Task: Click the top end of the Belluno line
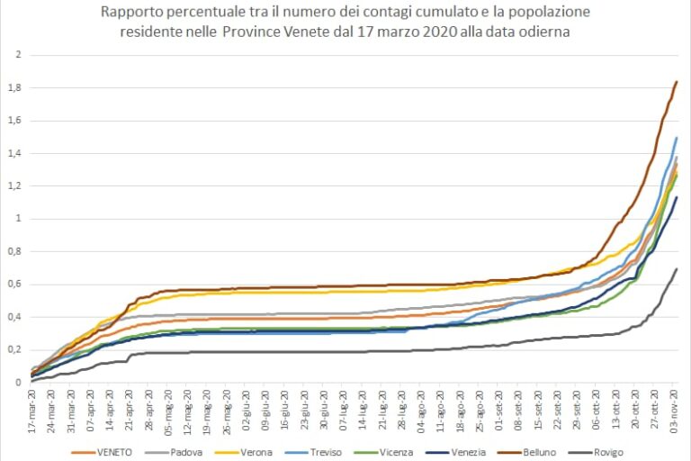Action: (x=677, y=82)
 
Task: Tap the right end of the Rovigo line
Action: (x=677, y=269)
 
